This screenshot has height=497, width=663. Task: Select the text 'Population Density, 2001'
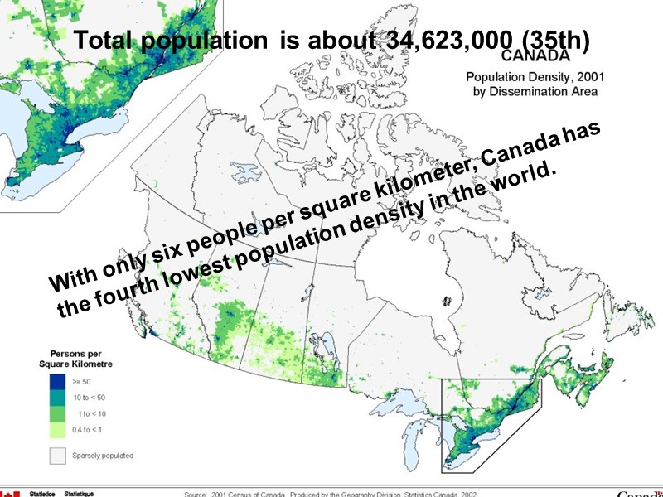tap(533, 77)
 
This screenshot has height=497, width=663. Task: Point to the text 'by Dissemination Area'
tap(534, 92)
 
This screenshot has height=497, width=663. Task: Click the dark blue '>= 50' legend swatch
tap(57, 381)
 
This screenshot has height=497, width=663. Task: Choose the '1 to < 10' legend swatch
tap(57, 413)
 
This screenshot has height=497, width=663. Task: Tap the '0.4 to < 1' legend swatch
tap(57, 428)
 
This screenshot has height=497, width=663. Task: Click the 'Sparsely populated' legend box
tap(57, 455)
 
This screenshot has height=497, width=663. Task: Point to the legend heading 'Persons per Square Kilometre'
tap(76, 358)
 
